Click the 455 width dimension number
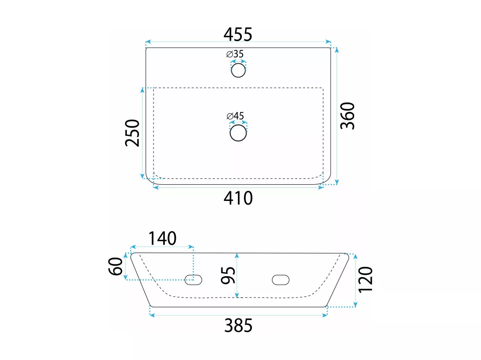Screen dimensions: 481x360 click(238, 35)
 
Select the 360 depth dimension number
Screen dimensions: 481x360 click(348, 116)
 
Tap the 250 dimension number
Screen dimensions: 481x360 click(132, 133)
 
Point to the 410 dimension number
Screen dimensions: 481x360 click(238, 198)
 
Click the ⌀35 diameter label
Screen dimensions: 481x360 click(235, 54)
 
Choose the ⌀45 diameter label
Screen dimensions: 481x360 click(235, 116)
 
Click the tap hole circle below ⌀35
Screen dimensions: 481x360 click(238, 70)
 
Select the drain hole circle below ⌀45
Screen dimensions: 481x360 click(238, 133)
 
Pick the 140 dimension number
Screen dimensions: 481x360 click(162, 239)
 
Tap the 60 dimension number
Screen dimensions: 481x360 click(115, 266)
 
